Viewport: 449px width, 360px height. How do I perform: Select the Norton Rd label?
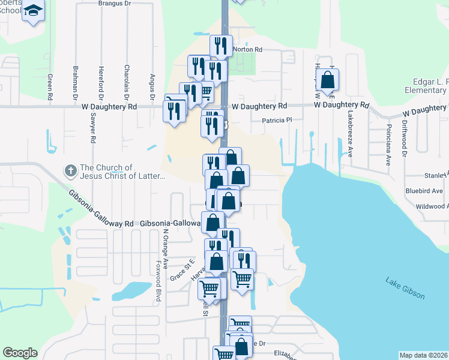point(247,50)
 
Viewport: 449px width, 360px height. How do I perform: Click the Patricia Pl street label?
point(276,120)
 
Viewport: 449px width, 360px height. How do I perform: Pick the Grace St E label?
point(182,269)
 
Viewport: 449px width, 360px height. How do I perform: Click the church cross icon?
point(70,172)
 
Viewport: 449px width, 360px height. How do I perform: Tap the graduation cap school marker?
point(33,11)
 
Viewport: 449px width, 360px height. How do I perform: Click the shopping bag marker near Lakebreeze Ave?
point(328,79)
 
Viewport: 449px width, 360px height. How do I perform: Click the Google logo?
point(20,353)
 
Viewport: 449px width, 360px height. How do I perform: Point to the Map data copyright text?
point(423,355)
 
